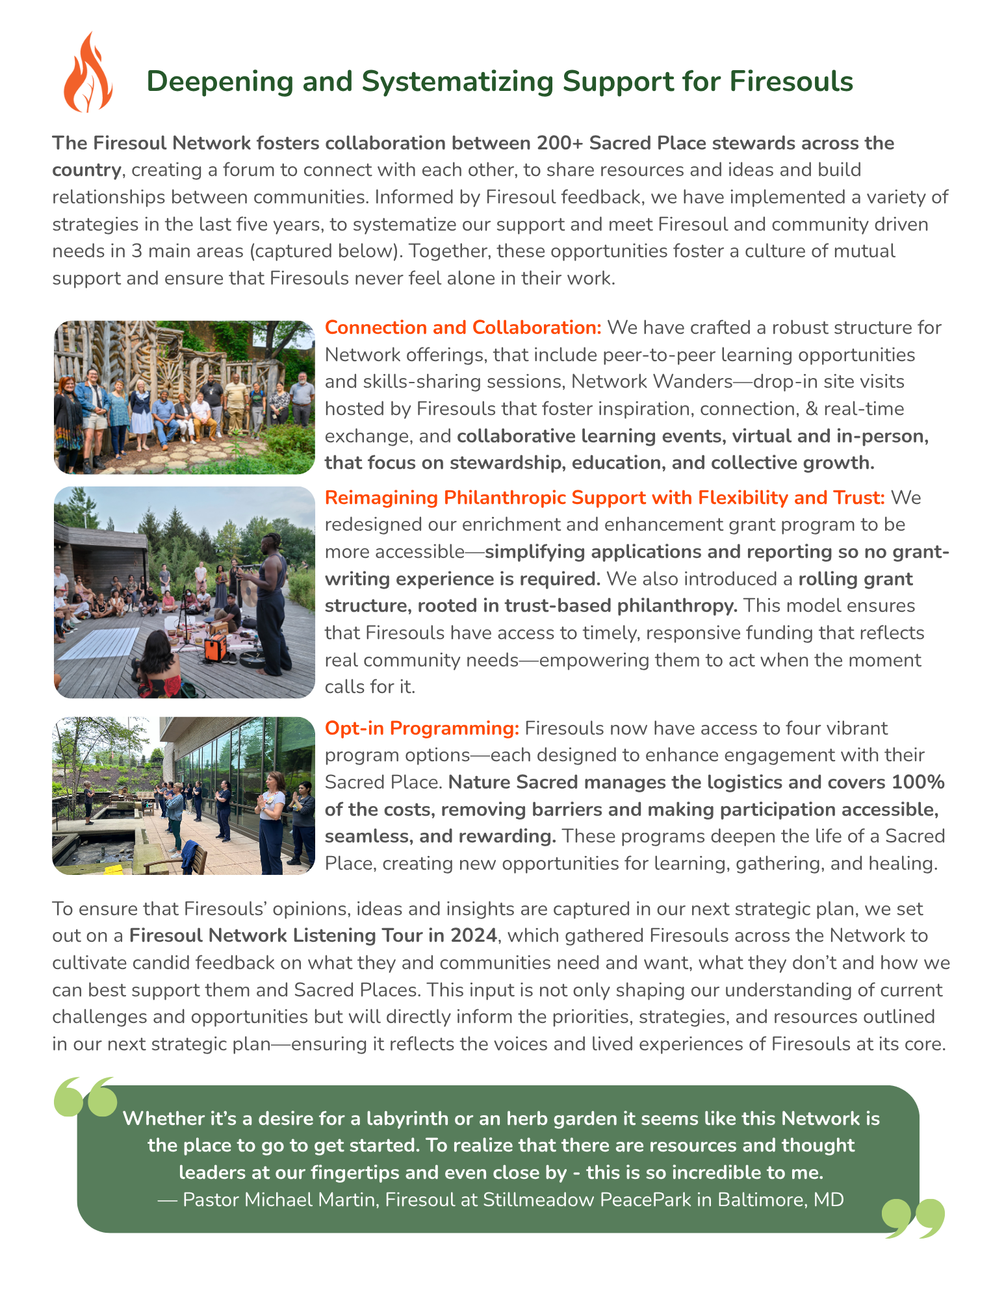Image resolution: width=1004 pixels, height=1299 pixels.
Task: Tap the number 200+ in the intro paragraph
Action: (x=559, y=143)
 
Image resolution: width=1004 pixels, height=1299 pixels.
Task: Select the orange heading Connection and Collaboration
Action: (x=463, y=327)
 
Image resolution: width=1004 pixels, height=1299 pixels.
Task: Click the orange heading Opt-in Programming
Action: (x=422, y=728)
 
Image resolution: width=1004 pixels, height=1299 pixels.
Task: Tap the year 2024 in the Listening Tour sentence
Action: (x=474, y=935)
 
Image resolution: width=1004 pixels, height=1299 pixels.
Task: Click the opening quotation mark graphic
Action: (x=86, y=1097)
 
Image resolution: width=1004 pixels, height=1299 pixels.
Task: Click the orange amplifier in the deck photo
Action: (x=215, y=646)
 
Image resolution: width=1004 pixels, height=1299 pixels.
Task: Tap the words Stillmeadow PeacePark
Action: (x=587, y=1200)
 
